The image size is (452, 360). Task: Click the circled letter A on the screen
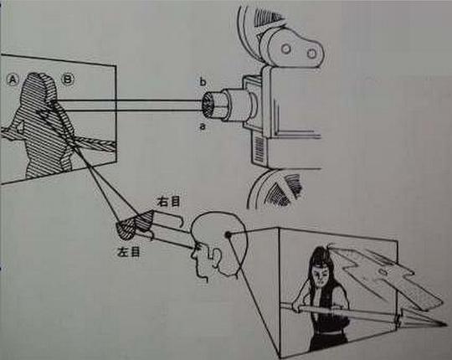[x=13, y=80]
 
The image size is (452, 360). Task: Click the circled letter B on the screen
[x=68, y=79]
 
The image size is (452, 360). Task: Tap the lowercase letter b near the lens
[x=203, y=82]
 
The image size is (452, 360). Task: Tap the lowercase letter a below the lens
[x=203, y=126]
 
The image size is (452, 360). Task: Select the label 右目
[x=168, y=201]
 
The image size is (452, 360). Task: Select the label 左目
[x=129, y=252]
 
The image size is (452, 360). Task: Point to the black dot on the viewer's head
[x=228, y=235]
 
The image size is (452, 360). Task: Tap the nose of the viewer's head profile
[x=193, y=255]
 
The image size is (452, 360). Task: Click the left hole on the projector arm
[x=286, y=49]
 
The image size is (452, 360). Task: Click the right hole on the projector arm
[x=311, y=54]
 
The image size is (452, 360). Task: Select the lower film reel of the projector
[x=275, y=189]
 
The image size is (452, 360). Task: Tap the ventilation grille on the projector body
[x=260, y=149]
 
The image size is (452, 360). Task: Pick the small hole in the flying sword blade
[x=383, y=271]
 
